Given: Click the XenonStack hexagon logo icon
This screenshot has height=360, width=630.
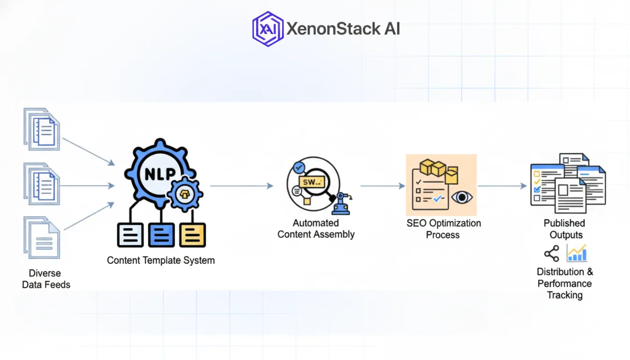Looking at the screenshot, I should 268,29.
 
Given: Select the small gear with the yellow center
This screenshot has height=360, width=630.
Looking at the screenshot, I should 185,194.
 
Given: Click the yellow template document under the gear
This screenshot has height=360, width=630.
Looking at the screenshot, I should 192,235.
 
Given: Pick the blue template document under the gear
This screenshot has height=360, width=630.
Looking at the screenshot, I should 161,235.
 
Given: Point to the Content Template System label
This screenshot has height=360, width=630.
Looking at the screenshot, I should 161,260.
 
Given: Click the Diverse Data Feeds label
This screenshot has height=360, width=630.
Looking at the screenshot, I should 46,278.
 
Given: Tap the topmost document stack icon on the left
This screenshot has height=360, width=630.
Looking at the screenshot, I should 42,129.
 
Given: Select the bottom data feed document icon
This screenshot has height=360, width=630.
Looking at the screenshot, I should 42,238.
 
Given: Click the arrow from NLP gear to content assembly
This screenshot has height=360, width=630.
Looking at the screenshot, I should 241,186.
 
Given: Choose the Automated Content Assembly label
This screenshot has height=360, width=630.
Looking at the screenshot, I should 316,229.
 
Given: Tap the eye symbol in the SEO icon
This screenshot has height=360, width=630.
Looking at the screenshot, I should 462,197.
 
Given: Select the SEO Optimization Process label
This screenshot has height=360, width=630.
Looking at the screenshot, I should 443,229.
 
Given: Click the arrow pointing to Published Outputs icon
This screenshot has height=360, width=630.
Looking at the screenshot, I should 502,186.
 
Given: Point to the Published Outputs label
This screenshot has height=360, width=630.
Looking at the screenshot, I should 565,229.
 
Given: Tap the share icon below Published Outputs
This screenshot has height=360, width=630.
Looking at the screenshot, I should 551,254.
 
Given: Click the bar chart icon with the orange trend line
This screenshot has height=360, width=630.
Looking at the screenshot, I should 577,253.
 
